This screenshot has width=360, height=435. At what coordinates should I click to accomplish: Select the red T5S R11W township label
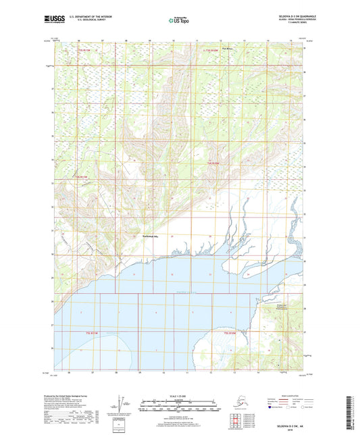[x=70, y=178]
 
